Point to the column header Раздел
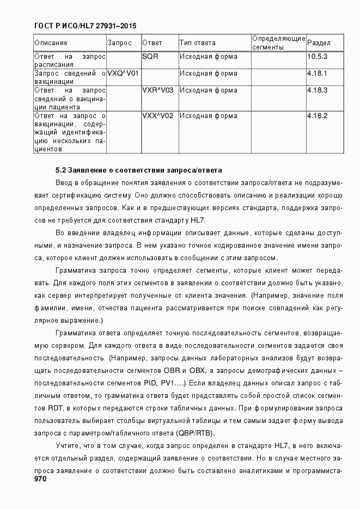pyautogui.click(x=318, y=43)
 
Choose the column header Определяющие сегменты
pyautogui.click(x=278, y=43)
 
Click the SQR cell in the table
pyautogui.click(x=150, y=57)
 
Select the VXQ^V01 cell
pyautogui.click(x=123, y=73)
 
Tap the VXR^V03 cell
pyautogui.click(x=157, y=90)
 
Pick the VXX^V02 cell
pyautogui.click(x=157, y=115)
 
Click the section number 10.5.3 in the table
pyautogui.click(x=317, y=57)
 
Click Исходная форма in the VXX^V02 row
pyautogui.click(x=208, y=115)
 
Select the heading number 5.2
pyautogui.click(x=61, y=170)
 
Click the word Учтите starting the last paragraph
pyautogui.click(x=67, y=446)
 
